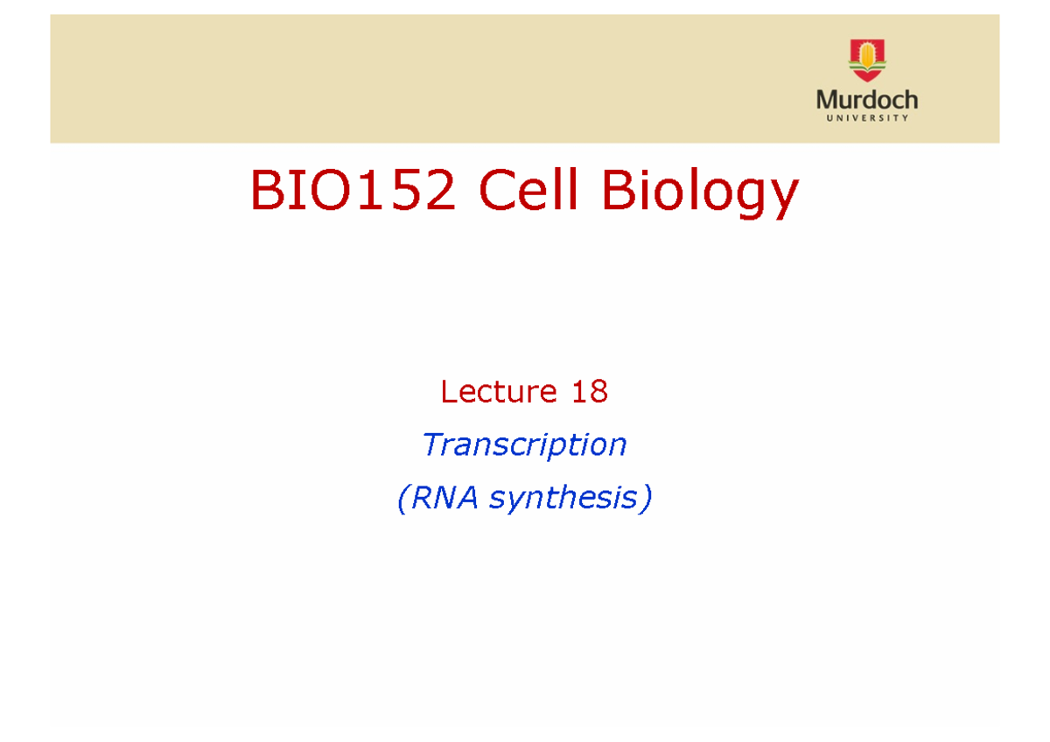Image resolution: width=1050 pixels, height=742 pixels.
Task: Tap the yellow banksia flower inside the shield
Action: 867,57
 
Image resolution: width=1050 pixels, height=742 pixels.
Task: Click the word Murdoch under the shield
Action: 867,100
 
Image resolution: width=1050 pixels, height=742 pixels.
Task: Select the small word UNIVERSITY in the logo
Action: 867,117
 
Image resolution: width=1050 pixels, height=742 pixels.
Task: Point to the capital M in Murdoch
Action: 827,100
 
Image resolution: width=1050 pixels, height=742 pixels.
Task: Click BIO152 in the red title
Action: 353,192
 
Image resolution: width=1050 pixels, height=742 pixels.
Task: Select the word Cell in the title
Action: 528,192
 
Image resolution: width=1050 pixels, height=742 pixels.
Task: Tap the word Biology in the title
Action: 699,194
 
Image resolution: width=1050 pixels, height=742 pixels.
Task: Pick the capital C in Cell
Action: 496,192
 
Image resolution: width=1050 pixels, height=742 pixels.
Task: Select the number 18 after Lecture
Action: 589,392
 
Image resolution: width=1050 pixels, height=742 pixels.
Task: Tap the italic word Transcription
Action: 524,445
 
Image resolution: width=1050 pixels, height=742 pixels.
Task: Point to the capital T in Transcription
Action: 431,444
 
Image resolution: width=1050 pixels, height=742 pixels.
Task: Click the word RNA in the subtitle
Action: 446,498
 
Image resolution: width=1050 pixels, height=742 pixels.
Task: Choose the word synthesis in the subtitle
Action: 563,499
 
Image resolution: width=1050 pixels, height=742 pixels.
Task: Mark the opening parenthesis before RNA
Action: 402,499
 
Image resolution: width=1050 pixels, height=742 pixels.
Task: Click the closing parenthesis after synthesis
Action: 646,499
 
